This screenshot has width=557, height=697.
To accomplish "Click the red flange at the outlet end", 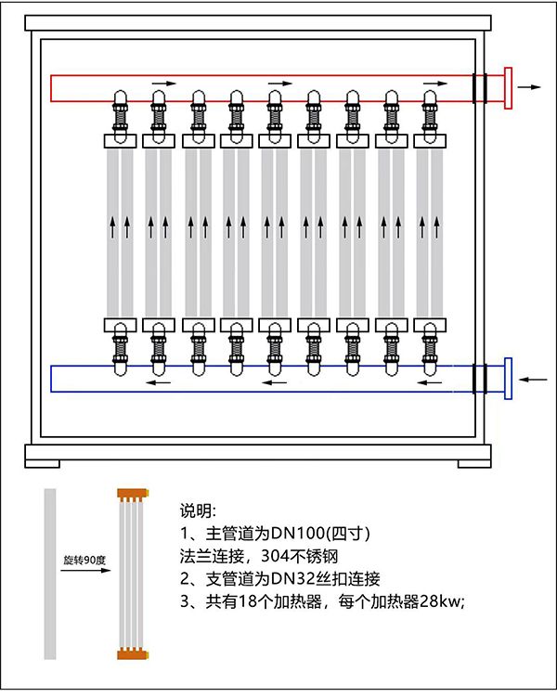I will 508,88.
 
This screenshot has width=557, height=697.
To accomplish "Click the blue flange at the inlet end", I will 508,379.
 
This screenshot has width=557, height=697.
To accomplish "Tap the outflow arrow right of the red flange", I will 530,87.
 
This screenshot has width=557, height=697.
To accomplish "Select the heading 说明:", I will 198,511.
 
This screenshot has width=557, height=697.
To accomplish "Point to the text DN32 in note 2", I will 278,578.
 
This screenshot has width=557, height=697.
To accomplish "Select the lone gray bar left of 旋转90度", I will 50,574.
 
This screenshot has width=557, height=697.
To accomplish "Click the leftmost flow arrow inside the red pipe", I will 162,83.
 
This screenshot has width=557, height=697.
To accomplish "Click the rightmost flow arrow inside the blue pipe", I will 429,381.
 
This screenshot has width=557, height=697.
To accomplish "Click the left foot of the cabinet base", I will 42,457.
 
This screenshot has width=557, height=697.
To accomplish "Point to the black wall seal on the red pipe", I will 479,88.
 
